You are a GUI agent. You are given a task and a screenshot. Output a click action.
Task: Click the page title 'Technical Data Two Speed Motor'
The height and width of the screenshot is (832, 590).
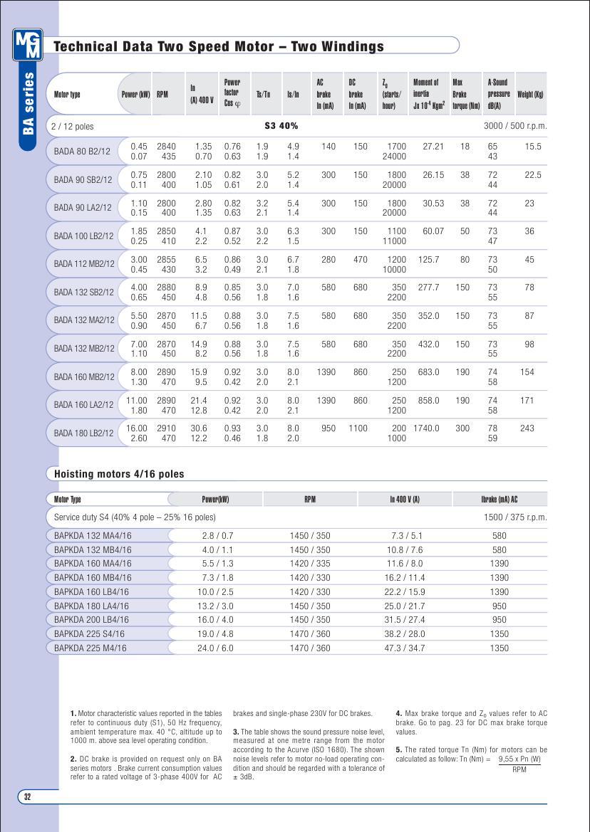219,47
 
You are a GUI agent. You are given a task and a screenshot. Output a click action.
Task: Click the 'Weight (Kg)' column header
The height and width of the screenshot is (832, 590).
530,94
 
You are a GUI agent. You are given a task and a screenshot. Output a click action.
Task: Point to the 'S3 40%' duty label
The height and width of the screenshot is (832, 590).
281,126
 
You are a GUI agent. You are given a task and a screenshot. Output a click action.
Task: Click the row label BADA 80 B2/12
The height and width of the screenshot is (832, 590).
82,151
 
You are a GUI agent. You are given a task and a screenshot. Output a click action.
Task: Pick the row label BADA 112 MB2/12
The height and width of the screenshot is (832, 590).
84,264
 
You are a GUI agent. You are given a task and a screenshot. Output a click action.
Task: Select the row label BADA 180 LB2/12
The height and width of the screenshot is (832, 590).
83,433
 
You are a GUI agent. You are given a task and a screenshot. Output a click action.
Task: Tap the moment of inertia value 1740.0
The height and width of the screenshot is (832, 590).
426,428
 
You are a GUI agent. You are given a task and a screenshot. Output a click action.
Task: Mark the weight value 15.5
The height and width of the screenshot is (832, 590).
533,147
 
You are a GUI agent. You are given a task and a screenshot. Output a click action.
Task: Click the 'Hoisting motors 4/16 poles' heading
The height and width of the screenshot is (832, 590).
119,474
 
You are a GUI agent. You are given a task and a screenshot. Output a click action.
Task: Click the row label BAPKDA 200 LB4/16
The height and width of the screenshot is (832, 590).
91,620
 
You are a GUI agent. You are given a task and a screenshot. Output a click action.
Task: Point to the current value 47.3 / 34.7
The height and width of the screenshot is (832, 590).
404,648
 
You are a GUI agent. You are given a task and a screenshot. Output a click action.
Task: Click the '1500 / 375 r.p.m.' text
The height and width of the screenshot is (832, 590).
515,517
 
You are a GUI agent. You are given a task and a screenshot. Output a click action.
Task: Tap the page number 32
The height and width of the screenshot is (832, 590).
28,796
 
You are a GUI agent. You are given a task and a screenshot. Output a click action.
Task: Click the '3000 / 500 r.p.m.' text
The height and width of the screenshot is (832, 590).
514,126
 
